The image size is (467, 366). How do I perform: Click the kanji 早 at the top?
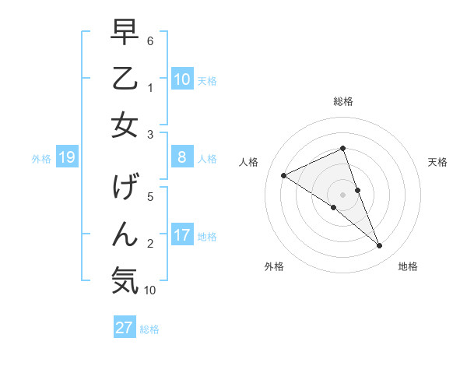click(x=125, y=33)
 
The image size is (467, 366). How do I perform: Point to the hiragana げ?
click(x=125, y=188)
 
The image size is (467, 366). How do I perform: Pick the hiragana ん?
click(x=125, y=234)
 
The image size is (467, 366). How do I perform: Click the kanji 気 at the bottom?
click(x=125, y=280)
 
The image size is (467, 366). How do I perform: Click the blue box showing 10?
click(x=182, y=79)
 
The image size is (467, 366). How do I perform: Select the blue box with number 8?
click(x=182, y=158)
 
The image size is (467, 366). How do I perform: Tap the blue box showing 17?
click(x=182, y=235)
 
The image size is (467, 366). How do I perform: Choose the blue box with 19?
click(x=67, y=158)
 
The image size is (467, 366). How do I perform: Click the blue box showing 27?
click(x=125, y=328)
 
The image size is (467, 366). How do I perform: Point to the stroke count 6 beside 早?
click(x=150, y=40)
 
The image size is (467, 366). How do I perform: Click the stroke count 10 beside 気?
click(x=150, y=290)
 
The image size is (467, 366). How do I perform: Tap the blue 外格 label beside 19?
click(x=41, y=159)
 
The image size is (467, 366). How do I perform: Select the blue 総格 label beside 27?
click(x=149, y=329)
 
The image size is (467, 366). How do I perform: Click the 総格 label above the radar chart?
click(x=342, y=101)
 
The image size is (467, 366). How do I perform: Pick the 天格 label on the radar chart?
click(x=437, y=162)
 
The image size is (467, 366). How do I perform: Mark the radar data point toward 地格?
click(x=380, y=246)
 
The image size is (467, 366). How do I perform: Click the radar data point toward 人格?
click(x=283, y=175)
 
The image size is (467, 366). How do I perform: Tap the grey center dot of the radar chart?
click(x=342, y=194)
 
